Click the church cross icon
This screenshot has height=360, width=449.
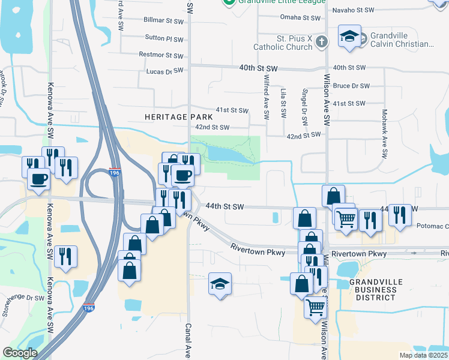322,41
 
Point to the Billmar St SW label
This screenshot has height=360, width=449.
163,20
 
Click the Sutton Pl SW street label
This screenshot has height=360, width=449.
164,38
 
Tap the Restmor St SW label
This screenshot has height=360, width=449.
160,55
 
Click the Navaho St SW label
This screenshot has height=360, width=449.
353,10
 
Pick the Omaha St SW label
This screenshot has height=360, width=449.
303,17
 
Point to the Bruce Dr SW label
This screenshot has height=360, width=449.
351,86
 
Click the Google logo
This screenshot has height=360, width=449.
20,353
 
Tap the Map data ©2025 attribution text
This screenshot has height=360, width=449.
423,355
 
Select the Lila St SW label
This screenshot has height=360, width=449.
283,98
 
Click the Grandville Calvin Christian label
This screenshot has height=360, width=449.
402,40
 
